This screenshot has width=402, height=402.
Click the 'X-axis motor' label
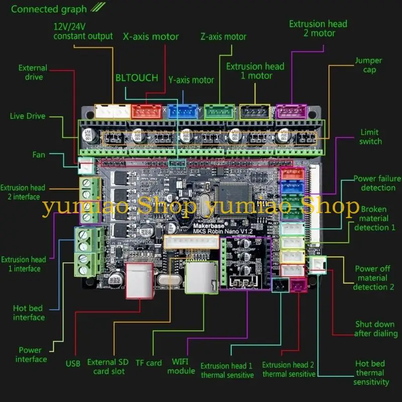click(x=151, y=37)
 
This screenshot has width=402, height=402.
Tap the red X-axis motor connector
click(x=146, y=111)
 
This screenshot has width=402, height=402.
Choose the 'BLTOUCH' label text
click(x=137, y=78)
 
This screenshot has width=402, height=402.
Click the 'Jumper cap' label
click(x=368, y=65)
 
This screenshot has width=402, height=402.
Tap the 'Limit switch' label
click(x=371, y=137)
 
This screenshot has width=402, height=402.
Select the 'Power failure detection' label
click(x=377, y=183)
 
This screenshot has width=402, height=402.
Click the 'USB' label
click(x=73, y=363)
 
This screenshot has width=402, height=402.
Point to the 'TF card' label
click(x=149, y=363)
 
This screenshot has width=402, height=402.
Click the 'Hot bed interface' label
click(x=29, y=313)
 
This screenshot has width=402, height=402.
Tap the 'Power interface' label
click(x=31, y=354)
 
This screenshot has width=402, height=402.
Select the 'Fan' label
click(x=39, y=155)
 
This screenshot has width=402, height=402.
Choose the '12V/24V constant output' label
click(x=83, y=31)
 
